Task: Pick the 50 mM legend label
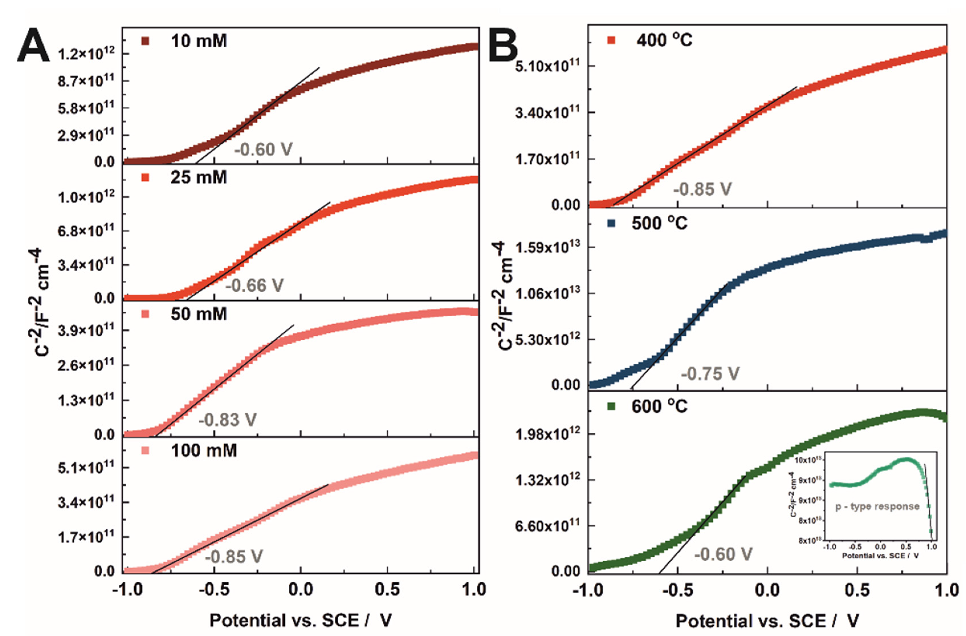(199, 314)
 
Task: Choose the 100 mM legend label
(204, 450)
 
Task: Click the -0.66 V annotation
(254, 285)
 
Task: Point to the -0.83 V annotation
(228, 420)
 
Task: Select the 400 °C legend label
(664, 40)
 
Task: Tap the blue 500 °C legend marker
(611, 223)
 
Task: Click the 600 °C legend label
(659, 406)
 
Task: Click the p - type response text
(877, 507)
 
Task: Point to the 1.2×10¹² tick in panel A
(86, 53)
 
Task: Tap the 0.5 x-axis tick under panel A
(387, 589)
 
